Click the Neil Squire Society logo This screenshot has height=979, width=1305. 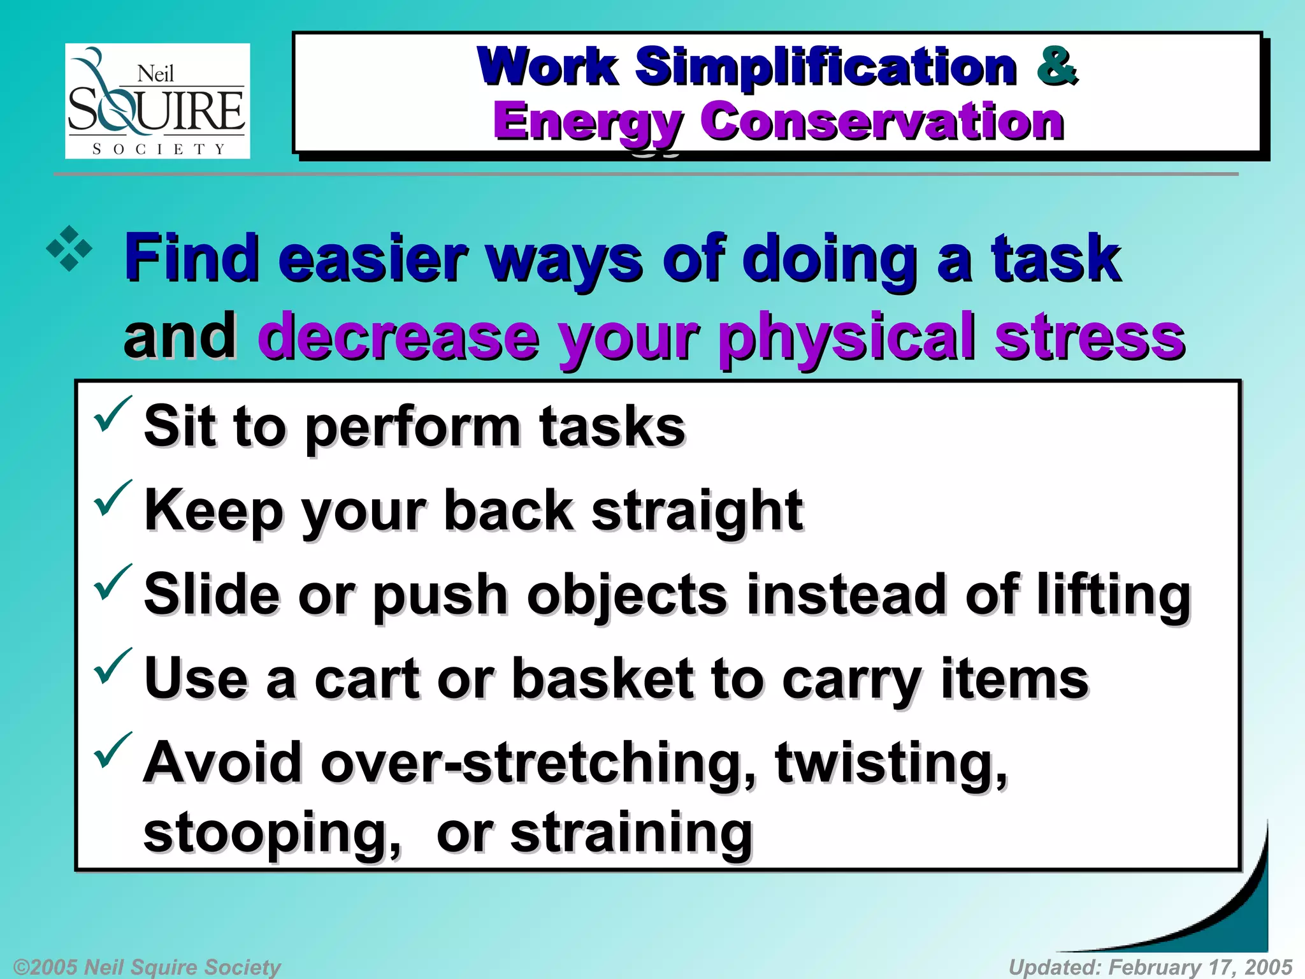[157, 101]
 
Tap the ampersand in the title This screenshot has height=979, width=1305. [1056, 66]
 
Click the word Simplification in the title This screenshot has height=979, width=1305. [826, 67]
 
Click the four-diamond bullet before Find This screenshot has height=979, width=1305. [69, 249]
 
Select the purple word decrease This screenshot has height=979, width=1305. [398, 337]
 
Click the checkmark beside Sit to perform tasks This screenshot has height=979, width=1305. [112, 414]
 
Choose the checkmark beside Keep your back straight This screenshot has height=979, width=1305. [112, 498]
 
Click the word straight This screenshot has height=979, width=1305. [697, 511]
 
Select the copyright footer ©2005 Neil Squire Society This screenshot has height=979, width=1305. [147, 967]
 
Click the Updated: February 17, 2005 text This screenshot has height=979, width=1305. [1150, 967]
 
